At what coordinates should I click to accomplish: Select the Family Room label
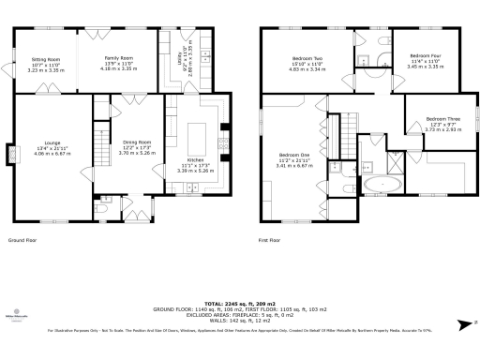[x=117, y=58]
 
